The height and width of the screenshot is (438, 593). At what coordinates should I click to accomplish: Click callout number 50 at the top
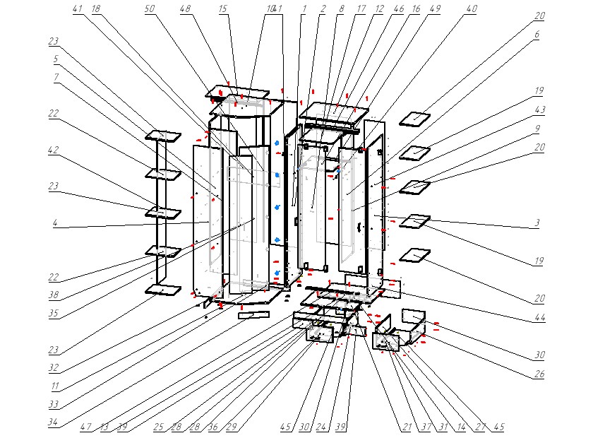(x=149, y=9)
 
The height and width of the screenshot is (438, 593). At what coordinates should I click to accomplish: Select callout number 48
(x=185, y=9)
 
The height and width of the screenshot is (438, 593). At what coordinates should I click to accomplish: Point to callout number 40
(x=472, y=9)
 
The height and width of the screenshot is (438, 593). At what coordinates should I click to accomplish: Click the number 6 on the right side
(x=537, y=34)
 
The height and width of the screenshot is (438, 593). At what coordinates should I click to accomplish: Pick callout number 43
(x=540, y=109)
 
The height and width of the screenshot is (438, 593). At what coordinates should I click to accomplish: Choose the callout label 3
(x=537, y=223)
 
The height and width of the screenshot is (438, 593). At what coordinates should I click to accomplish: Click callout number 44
(x=540, y=318)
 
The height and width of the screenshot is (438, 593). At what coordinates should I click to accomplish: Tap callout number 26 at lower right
(x=540, y=374)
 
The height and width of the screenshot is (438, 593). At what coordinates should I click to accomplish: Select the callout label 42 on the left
(x=54, y=150)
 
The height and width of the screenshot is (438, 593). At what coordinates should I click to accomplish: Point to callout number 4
(x=54, y=223)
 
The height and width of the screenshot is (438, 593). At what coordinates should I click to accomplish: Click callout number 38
(x=54, y=296)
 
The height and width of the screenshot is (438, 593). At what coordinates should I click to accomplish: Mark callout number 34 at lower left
(x=54, y=423)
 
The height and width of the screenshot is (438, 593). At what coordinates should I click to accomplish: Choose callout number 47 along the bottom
(x=85, y=427)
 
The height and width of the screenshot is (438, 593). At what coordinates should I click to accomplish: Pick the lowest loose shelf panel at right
(x=415, y=254)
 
